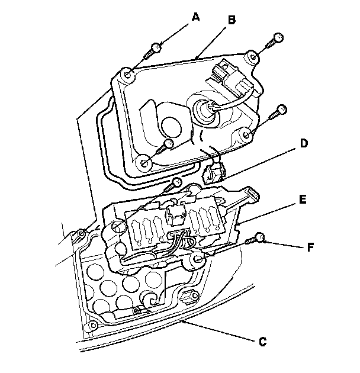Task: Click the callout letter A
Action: [x=195, y=17]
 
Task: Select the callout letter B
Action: [x=232, y=20]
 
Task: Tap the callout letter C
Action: [x=262, y=342]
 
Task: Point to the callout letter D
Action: [x=304, y=143]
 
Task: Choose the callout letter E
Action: [x=303, y=200]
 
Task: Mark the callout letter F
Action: [x=310, y=247]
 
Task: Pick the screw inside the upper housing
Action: [x=165, y=146]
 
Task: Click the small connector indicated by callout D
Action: [x=213, y=172]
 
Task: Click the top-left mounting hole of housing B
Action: [x=128, y=75]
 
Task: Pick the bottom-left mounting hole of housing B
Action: [x=144, y=163]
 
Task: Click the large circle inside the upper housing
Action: [x=171, y=127]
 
